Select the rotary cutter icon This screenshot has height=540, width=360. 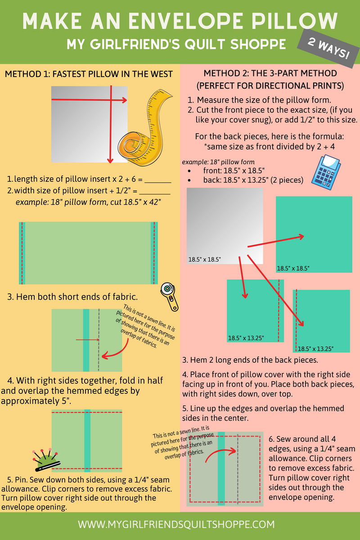[x=170, y=297]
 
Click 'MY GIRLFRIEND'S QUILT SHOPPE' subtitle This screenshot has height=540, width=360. [x=176, y=44]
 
